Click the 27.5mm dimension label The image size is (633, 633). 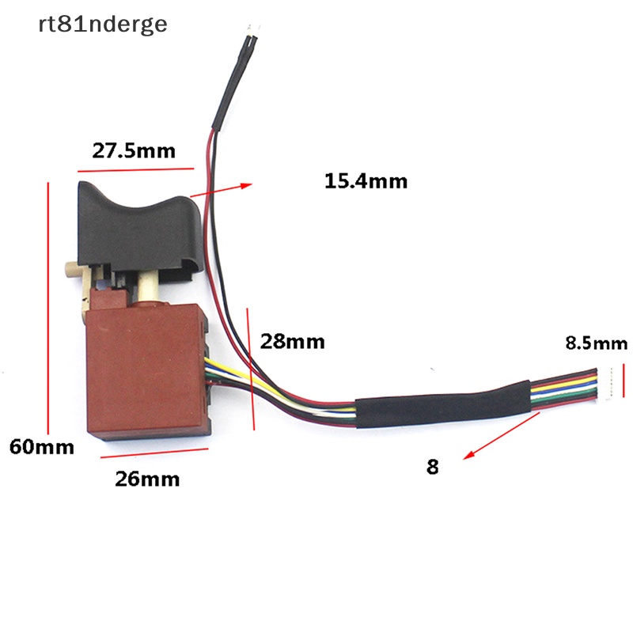click(134, 150)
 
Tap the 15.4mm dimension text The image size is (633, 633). click(366, 181)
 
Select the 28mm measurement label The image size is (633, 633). click(293, 342)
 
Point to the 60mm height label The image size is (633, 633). click(41, 446)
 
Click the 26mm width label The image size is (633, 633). click(147, 479)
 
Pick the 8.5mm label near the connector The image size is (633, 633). click(596, 343)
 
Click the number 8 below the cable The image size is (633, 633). click(432, 467)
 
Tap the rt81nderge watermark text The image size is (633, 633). click(103, 25)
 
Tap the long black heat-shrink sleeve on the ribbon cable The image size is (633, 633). click(443, 404)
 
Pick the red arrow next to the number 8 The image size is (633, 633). click(483, 447)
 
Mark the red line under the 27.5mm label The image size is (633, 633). click(135, 169)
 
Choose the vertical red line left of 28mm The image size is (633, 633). click(250, 369)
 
